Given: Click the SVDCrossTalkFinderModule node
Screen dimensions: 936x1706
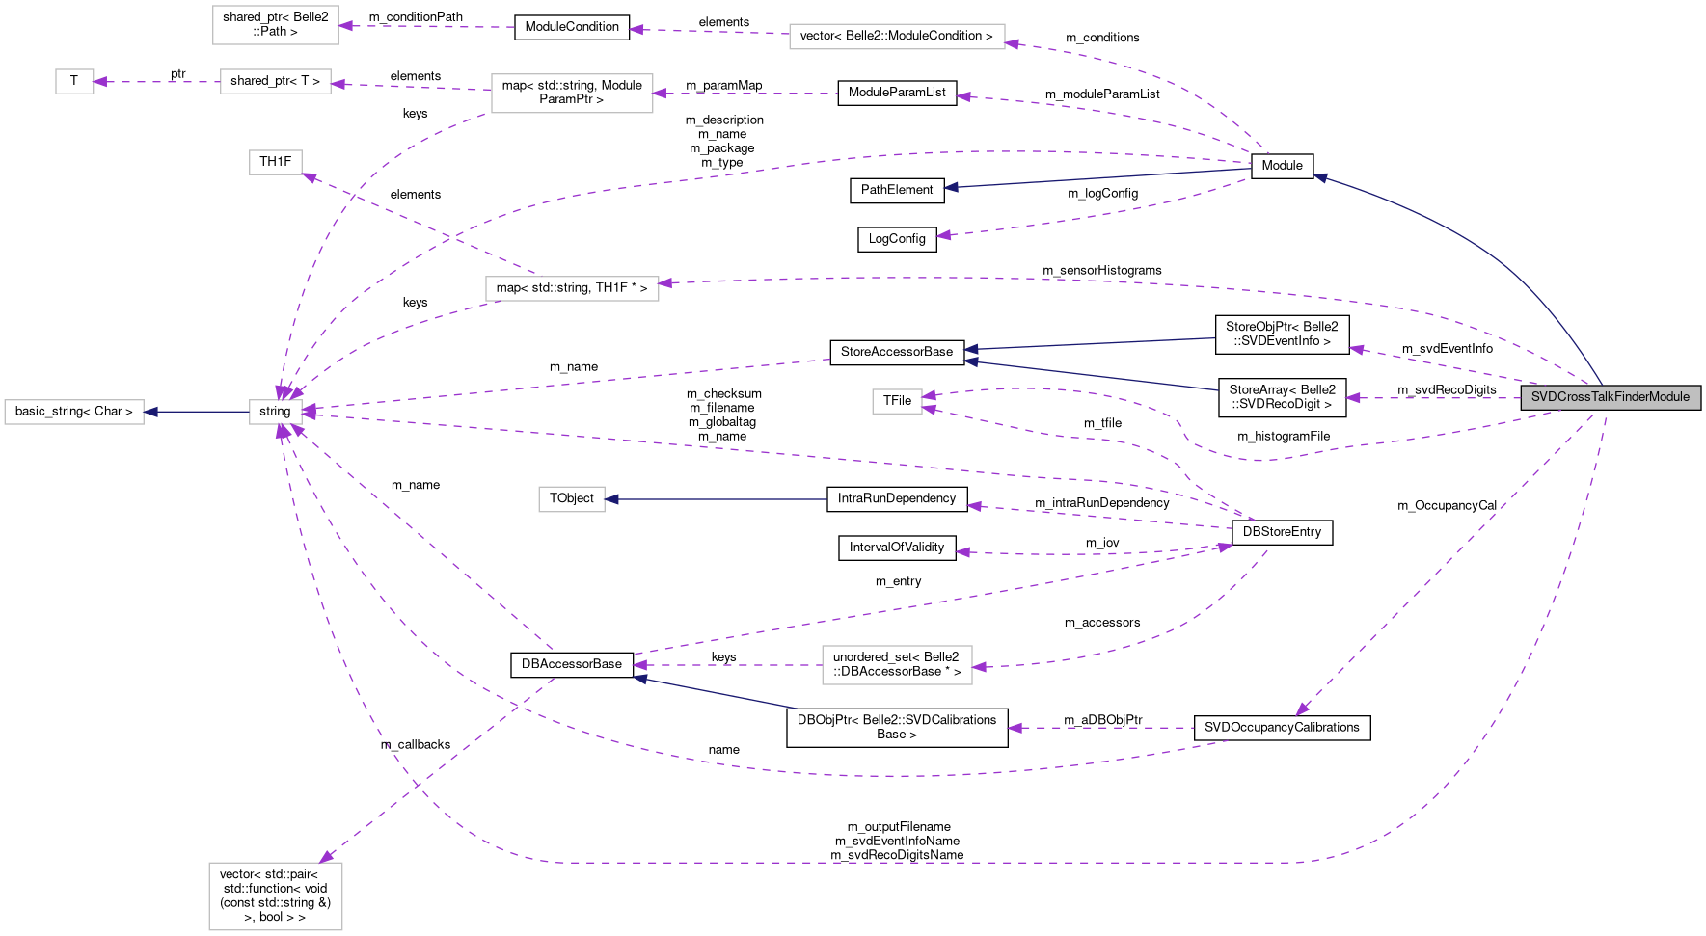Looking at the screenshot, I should pos(1611,397).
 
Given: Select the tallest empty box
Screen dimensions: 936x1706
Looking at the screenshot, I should pos(276,896).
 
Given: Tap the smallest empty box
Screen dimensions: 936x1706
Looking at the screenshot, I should pos(74,82).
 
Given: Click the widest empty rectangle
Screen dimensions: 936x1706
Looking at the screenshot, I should pos(897,37).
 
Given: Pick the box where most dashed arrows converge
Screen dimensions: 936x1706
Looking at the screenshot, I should pos(276,412).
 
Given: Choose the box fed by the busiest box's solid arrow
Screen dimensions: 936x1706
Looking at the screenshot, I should pos(74,412).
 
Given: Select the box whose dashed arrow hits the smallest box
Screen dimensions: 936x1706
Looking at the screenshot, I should pos(276,82).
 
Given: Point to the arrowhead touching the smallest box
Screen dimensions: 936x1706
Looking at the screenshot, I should pos(99,82).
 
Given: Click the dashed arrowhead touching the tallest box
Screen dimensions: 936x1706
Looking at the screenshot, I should pos(325,857).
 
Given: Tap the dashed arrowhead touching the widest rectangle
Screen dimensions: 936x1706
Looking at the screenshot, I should pos(1012,43).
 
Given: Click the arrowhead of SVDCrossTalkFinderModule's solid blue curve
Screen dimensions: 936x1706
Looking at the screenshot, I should pos(1319,176).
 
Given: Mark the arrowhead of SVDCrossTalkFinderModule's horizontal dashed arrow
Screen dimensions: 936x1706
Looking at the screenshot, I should pos(1352,398).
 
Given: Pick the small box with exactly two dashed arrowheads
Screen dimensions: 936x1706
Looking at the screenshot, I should pos(897,401).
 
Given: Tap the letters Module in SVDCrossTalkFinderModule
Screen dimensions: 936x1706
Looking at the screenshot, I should pos(1668,397).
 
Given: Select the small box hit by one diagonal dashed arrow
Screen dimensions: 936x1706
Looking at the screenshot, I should pos(276,163).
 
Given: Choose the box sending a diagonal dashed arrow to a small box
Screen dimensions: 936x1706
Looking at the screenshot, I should pos(572,288).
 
